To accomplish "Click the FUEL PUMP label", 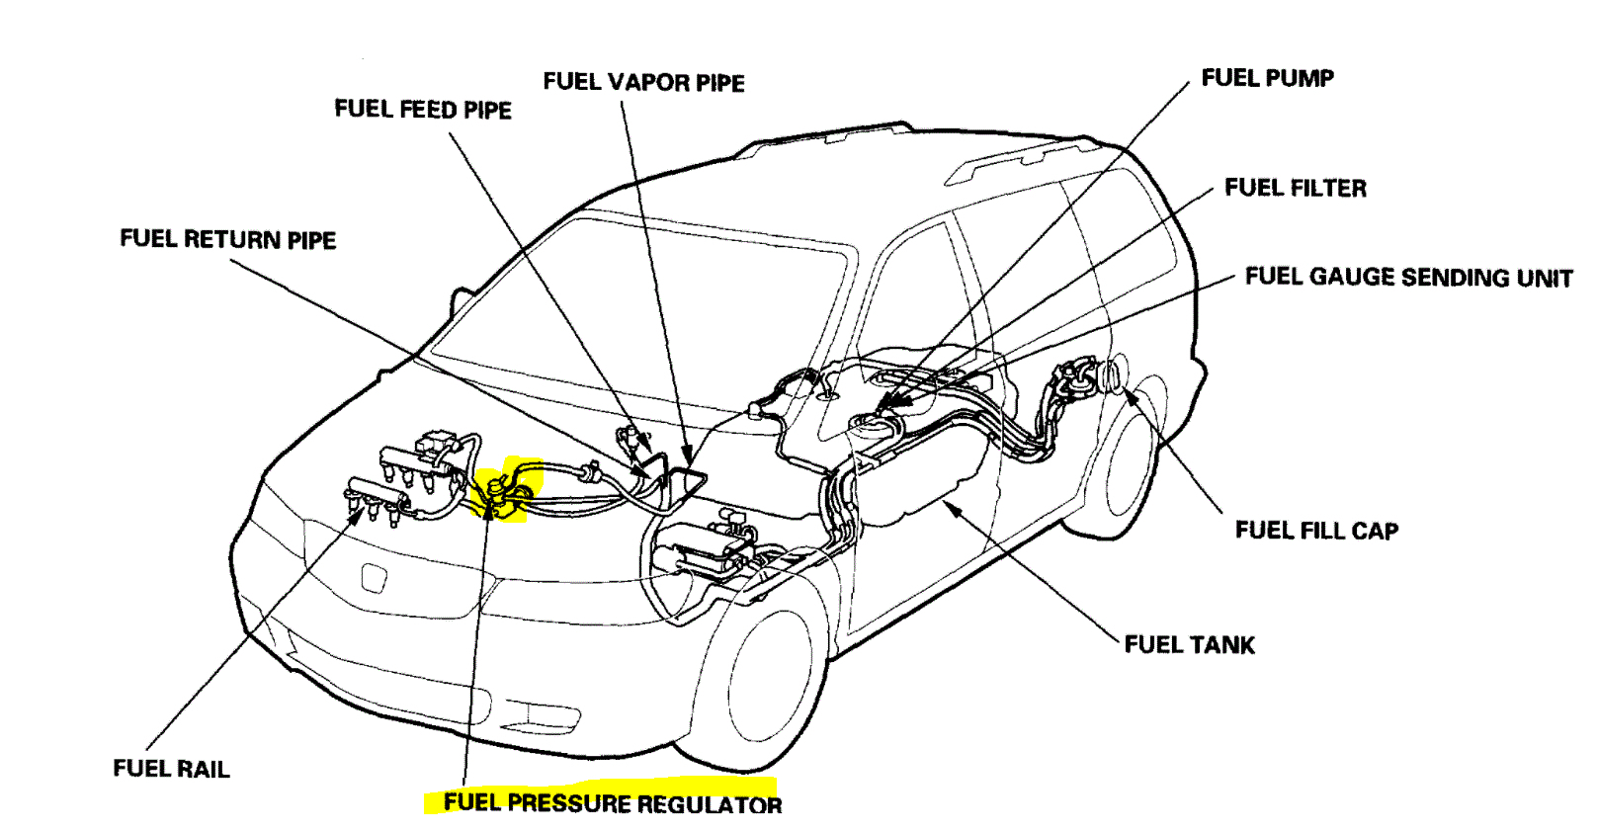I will (1267, 78).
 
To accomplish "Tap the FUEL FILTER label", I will (1296, 188).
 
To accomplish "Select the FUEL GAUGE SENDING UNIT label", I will (1408, 277).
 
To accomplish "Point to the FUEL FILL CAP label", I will (1316, 531).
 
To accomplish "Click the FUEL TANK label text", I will (1189, 645).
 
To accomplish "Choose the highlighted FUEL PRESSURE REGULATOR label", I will (612, 803).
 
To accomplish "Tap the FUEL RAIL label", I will (171, 769).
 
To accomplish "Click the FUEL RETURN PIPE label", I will (227, 239).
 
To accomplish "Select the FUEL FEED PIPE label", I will (423, 109).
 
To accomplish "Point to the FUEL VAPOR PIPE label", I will (643, 82).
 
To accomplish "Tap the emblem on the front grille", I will (373, 578).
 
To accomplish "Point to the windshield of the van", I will (632, 306).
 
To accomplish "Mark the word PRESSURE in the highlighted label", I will (567, 803).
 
